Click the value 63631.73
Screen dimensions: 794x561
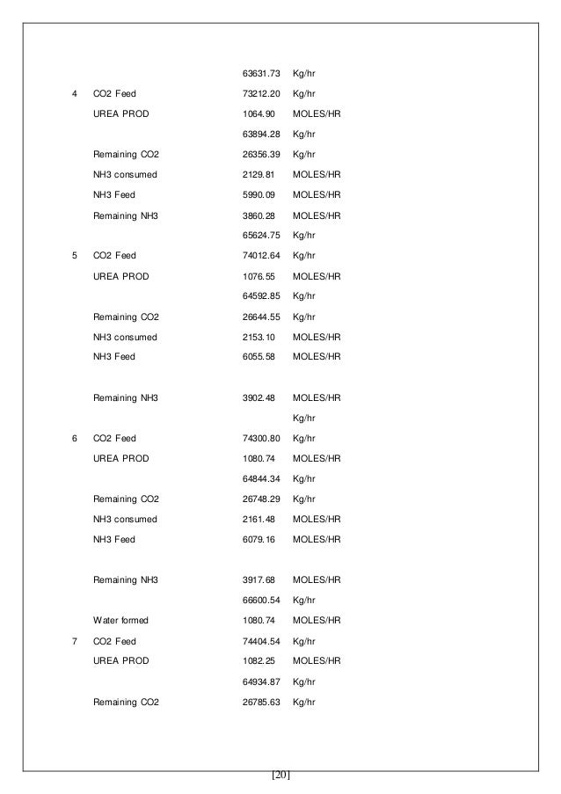[x=260, y=72]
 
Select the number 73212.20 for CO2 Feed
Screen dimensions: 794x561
[x=260, y=93]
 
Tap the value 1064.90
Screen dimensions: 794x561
[x=259, y=113]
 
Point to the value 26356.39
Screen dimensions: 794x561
[x=260, y=154]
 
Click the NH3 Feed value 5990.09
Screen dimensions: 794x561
[x=259, y=194]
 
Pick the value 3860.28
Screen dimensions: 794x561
[x=259, y=215]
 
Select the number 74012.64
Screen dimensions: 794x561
[x=260, y=256]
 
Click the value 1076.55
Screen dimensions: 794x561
[x=259, y=276]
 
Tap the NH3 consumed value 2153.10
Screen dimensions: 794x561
[x=259, y=337]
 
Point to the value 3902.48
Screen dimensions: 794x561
[x=259, y=397]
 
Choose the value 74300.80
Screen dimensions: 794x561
[x=260, y=438]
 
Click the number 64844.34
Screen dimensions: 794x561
[x=260, y=478]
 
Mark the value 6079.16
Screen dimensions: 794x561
[x=259, y=539]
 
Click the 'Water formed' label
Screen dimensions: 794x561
[x=120, y=620]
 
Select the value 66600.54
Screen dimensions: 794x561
[x=260, y=600]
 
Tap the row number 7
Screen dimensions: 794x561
[x=73, y=641]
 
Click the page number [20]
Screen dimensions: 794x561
[x=280, y=775]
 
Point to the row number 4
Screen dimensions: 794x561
[x=73, y=93]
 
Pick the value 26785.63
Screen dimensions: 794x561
[x=260, y=702]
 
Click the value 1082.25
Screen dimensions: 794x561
[x=259, y=660]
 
